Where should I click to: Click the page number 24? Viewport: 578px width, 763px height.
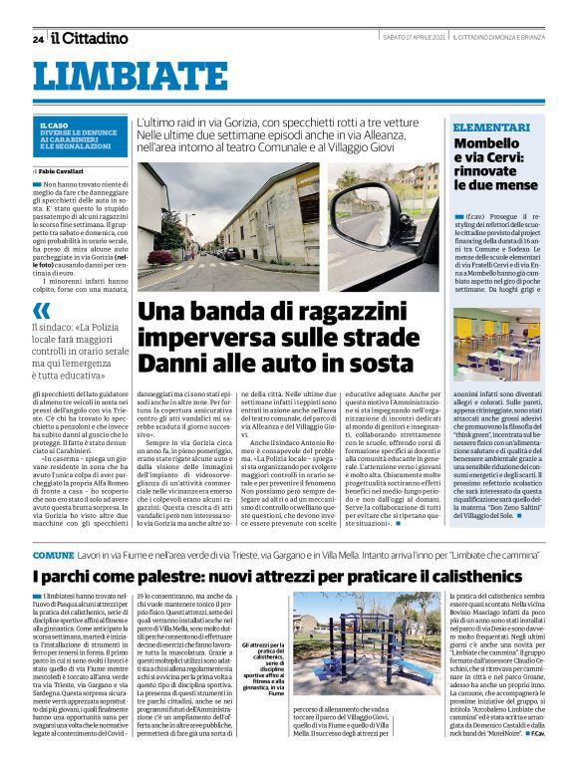pos(37,39)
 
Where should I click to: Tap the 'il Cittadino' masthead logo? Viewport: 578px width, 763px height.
pos(91,38)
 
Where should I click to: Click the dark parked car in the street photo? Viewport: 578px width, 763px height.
pos(231,253)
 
